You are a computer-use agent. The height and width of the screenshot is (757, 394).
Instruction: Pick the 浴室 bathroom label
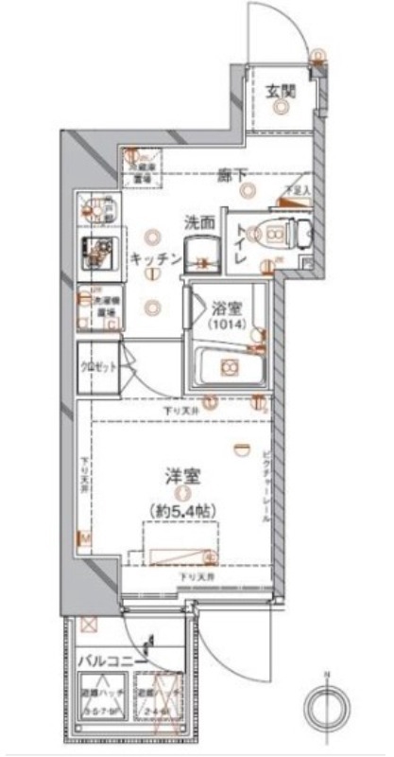(224, 308)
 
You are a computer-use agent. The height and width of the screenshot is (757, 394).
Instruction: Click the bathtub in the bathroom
(226, 367)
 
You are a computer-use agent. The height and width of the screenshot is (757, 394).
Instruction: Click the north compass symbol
(327, 705)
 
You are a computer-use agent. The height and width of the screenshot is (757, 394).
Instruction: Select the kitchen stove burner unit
(95, 251)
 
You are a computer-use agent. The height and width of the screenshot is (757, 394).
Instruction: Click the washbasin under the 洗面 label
(200, 254)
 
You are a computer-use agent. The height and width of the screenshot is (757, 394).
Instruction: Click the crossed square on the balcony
(91, 626)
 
